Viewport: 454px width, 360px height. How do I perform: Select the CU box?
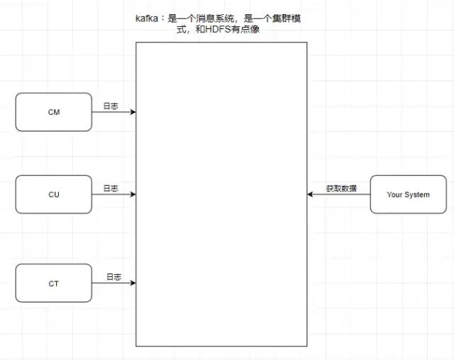[54, 194]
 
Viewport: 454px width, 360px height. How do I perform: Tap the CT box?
[54, 283]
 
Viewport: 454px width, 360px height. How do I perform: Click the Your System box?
[408, 194]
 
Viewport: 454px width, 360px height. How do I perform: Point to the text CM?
[54, 112]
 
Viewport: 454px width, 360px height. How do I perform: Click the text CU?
[54, 194]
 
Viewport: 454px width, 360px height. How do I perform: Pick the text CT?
[54, 283]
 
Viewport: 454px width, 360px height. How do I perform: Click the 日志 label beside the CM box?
[111, 106]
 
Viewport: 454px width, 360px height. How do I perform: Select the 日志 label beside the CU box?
[111, 189]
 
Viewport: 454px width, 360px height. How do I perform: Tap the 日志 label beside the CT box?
[114, 276]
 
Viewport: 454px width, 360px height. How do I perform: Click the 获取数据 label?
[341, 189]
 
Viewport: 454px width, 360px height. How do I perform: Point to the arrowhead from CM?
[133, 112]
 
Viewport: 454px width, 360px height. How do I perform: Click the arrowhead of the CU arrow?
[133, 194]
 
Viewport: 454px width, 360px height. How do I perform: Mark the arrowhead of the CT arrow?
[133, 283]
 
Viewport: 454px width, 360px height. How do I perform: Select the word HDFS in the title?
[215, 31]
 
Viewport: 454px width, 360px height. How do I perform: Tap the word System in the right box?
[417, 194]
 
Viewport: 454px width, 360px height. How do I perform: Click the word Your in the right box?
[394, 194]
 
